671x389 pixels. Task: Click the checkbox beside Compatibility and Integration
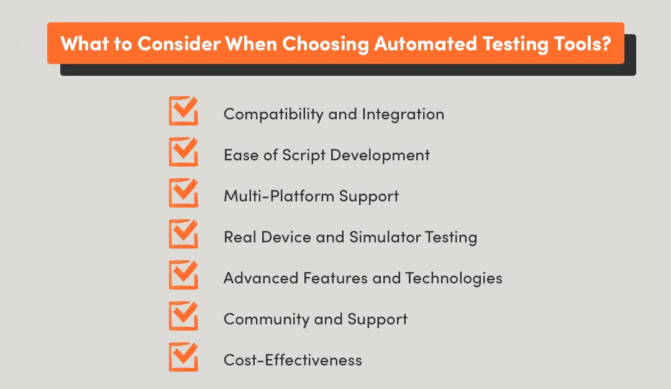pyautogui.click(x=183, y=112)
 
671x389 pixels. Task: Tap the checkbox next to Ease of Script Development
pyautogui.click(x=183, y=153)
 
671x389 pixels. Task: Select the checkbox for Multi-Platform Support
pyautogui.click(x=183, y=194)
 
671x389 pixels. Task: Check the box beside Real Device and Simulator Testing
pyautogui.click(x=183, y=235)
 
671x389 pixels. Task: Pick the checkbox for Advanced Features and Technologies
pyautogui.click(x=183, y=276)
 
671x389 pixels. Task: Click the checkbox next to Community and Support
pyautogui.click(x=183, y=317)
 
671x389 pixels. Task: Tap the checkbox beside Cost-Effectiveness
pyautogui.click(x=183, y=358)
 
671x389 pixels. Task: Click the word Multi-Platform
pyautogui.click(x=279, y=196)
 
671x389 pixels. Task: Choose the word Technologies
pyautogui.click(x=454, y=278)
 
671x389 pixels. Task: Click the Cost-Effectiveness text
pyautogui.click(x=293, y=360)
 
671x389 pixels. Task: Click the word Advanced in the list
pyautogui.click(x=261, y=278)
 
